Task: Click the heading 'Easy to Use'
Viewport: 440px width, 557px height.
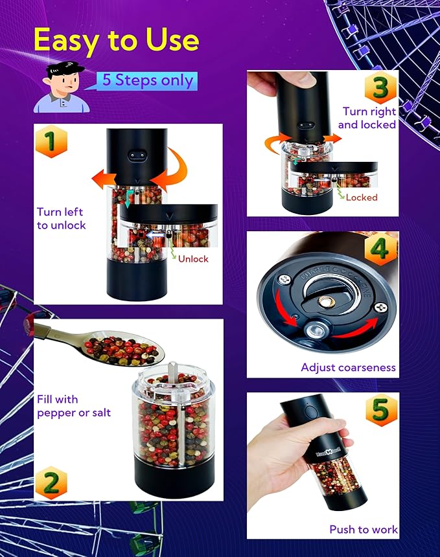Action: pyautogui.click(x=116, y=40)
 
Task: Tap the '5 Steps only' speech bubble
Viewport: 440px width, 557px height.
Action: pyautogui.click(x=148, y=81)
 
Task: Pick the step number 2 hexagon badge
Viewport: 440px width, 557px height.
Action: pyautogui.click(x=52, y=483)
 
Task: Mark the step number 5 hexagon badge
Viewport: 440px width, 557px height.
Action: pyautogui.click(x=381, y=411)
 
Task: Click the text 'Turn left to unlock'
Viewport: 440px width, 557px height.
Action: pyautogui.click(x=60, y=218)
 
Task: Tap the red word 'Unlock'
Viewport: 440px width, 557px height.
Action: pyautogui.click(x=193, y=258)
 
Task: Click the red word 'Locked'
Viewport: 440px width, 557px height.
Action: pyautogui.click(x=362, y=197)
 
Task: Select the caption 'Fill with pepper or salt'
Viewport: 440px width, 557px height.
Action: pyautogui.click(x=74, y=406)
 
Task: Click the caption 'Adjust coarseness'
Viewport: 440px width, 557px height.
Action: pyautogui.click(x=348, y=367)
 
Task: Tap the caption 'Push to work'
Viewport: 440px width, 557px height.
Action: pyautogui.click(x=363, y=529)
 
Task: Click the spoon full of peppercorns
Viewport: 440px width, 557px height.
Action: pyautogui.click(x=123, y=349)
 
